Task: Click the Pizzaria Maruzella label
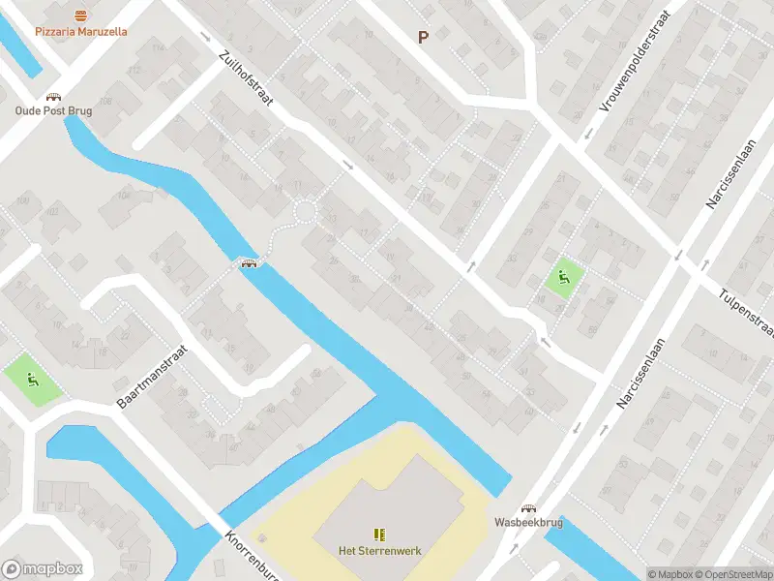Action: coord(81,32)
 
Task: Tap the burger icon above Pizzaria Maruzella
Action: coord(81,15)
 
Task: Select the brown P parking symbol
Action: coord(423,37)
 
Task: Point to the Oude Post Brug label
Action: coord(53,111)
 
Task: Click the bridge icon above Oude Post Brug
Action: coord(53,97)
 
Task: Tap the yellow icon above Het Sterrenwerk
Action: coord(379,535)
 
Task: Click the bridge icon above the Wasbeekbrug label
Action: coord(528,508)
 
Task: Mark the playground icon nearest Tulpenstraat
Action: coord(563,279)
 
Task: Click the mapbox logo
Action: coord(42,568)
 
